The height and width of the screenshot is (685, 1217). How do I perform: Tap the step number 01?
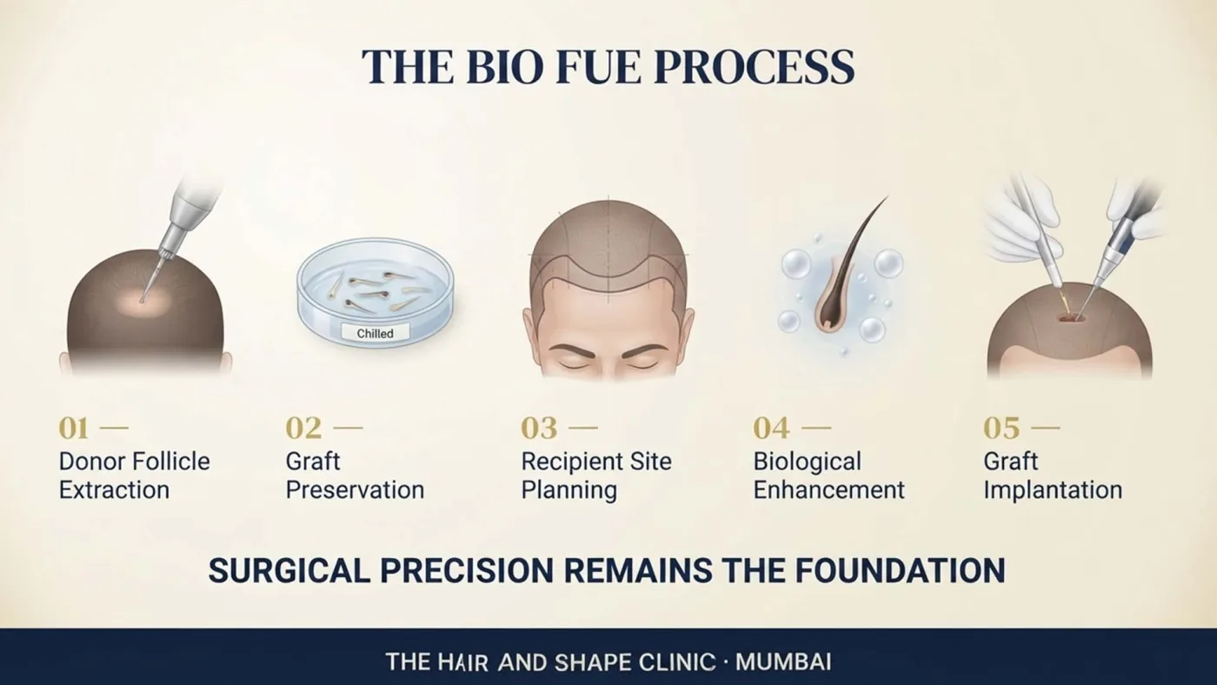(x=73, y=429)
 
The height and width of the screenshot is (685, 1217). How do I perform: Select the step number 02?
(x=303, y=429)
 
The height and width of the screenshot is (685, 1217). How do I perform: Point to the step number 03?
(x=539, y=429)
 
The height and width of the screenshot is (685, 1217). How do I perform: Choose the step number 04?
(x=771, y=429)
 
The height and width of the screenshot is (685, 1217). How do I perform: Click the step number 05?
(x=1001, y=429)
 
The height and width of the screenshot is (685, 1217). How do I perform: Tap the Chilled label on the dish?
(x=375, y=333)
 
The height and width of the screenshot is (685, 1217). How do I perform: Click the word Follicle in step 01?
(x=171, y=462)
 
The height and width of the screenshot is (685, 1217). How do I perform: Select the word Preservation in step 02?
(x=355, y=490)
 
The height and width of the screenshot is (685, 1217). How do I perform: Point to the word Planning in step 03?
(x=569, y=491)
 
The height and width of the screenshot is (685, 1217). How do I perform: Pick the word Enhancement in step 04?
(x=828, y=490)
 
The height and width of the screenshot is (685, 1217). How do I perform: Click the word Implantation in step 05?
(x=1053, y=491)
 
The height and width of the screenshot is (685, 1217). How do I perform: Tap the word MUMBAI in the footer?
(x=783, y=662)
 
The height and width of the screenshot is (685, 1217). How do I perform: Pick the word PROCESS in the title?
(x=755, y=67)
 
